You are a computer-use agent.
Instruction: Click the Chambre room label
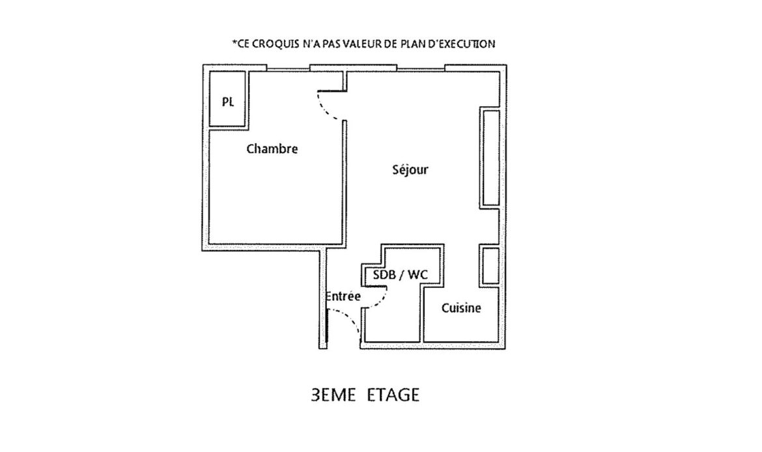(272, 148)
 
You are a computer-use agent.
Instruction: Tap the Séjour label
(410, 169)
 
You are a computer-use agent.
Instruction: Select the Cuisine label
(461, 307)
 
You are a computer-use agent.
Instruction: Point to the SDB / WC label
(401, 275)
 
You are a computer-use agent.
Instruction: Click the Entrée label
(343, 296)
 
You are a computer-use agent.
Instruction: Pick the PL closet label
(227, 102)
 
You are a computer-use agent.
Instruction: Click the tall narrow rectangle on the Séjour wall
(490, 158)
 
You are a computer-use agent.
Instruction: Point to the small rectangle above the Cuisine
(490, 265)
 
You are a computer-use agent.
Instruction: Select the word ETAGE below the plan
(393, 395)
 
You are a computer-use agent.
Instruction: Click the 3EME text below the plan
(333, 395)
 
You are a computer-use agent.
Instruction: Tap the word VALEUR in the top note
(362, 44)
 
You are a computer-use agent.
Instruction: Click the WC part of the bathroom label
(418, 275)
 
